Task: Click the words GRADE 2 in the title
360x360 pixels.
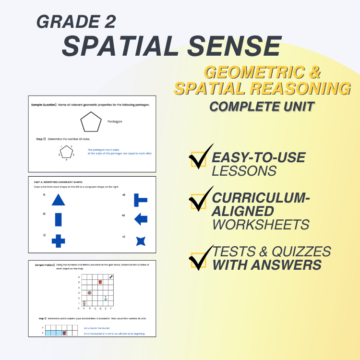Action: click(x=75, y=22)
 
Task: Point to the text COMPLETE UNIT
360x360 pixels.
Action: click(x=262, y=106)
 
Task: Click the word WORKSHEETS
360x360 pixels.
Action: click(x=261, y=224)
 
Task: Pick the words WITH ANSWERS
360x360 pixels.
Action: click(x=267, y=264)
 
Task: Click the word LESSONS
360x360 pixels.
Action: click(x=244, y=170)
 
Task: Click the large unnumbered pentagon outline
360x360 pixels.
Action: click(x=91, y=122)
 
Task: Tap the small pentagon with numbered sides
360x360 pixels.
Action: click(x=66, y=152)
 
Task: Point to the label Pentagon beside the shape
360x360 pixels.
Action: click(x=115, y=122)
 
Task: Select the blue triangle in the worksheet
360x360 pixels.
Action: click(x=58, y=200)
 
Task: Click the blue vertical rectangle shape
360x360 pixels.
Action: click(x=58, y=219)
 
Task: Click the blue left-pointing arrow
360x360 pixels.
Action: click(x=141, y=219)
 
